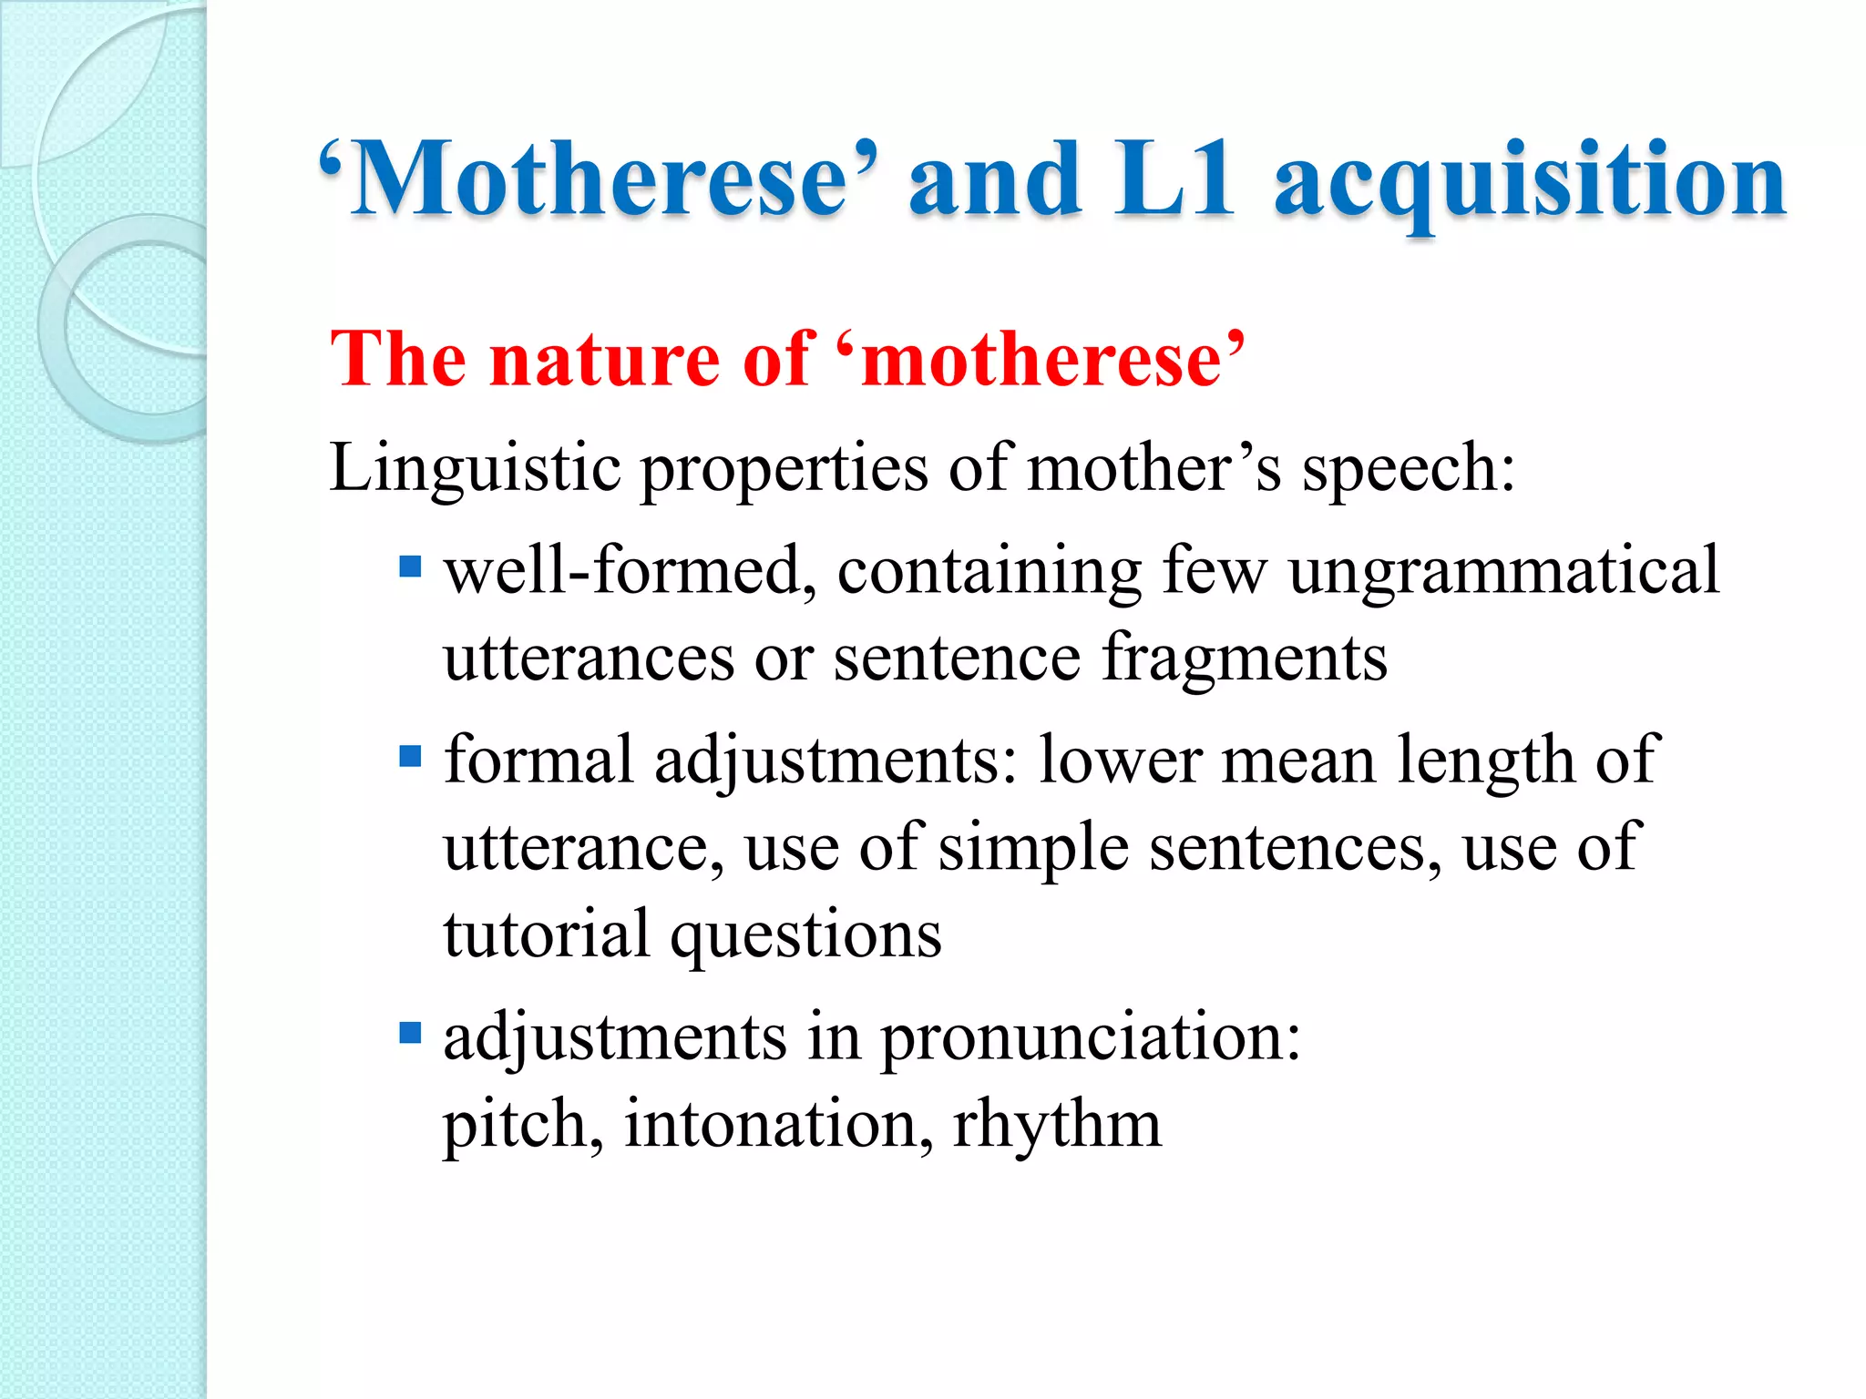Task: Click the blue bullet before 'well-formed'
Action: coord(411,568)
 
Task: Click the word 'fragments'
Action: coord(1245,658)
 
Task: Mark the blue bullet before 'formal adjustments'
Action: coord(411,756)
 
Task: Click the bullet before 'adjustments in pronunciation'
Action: coord(411,1033)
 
